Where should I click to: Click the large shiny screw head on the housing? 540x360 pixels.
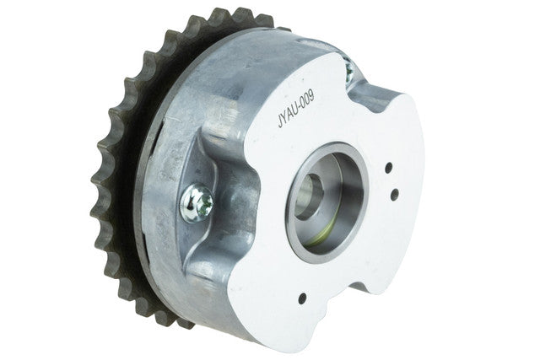pos(197,203)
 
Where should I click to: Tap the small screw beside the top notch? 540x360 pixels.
pos(348,71)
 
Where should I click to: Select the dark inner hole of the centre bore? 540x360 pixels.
pos(309,197)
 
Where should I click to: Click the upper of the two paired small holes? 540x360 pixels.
pos(389,168)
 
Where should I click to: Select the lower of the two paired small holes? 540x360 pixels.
pos(395,195)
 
